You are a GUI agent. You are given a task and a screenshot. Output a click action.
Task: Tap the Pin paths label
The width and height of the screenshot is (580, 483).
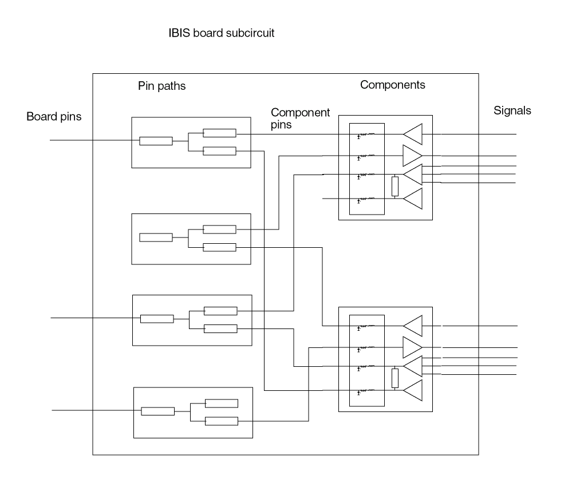(162, 86)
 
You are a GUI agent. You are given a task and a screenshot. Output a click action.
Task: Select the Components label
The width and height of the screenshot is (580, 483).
(393, 85)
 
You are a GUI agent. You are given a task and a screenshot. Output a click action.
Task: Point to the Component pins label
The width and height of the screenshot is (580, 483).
(300, 118)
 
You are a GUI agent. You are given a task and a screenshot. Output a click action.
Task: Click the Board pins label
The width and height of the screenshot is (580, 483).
(54, 117)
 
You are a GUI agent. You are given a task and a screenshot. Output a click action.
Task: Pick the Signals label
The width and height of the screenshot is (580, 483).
(512, 111)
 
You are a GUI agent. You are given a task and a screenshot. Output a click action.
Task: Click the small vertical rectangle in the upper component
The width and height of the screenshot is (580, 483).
(394, 187)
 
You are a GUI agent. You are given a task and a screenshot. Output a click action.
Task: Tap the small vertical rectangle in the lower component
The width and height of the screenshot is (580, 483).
(394, 378)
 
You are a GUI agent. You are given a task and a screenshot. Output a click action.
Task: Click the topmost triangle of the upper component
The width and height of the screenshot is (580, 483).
(413, 134)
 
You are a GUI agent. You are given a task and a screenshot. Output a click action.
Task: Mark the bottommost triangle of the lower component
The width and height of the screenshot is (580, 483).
(413, 390)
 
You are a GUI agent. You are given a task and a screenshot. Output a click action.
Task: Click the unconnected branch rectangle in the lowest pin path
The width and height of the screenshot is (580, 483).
(222, 403)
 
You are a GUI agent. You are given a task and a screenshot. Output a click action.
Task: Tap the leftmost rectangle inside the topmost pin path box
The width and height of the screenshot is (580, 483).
(156, 141)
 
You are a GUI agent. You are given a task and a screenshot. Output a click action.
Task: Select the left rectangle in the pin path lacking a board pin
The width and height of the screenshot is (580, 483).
(156, 237)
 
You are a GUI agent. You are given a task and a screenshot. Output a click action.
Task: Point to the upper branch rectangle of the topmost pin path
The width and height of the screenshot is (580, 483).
(219, 133)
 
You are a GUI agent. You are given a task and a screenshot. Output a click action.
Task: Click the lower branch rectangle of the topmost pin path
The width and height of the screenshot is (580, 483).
(219, 151)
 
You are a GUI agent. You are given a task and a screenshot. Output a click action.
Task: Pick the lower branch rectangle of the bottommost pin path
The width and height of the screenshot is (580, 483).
(222, 422)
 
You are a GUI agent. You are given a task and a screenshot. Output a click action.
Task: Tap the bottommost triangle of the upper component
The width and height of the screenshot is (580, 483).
(413, 199)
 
